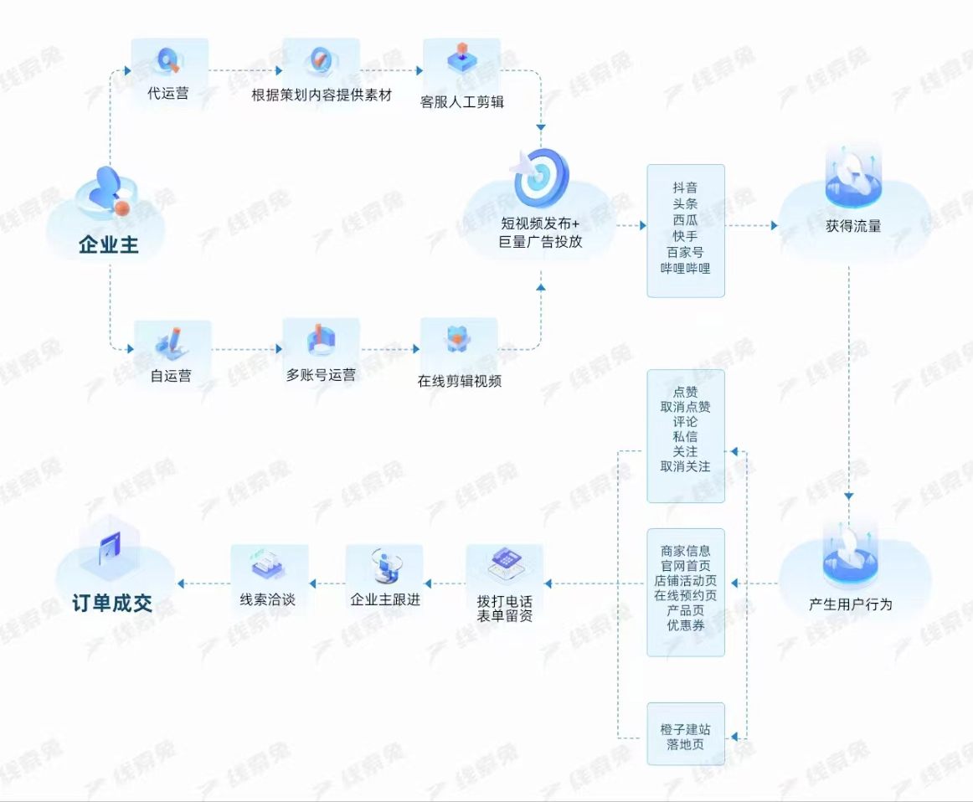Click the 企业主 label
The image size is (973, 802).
pos(109,245)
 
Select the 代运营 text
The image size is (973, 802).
pos(168,94)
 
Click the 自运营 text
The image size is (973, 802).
pos(171,376)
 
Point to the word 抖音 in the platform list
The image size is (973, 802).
pos(685,188)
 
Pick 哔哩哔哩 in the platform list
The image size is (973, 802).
pos(685,268)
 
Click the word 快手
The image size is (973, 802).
pos(685,236)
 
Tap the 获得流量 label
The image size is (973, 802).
pos(853,226)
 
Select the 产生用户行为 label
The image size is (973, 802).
pos(850,604)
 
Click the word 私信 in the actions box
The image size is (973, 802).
pos(685,436)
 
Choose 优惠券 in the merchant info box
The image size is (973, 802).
pos(685,625)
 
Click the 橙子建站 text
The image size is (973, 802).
pos(685,729)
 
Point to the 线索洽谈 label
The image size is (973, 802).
pos(268,599)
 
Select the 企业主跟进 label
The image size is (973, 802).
pos(385,599)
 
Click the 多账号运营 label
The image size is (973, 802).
pos(321,375)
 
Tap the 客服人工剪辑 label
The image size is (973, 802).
pos(462,102)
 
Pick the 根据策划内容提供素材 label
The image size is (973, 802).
pos(322,95)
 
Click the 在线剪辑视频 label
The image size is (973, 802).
pos(459,381)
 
